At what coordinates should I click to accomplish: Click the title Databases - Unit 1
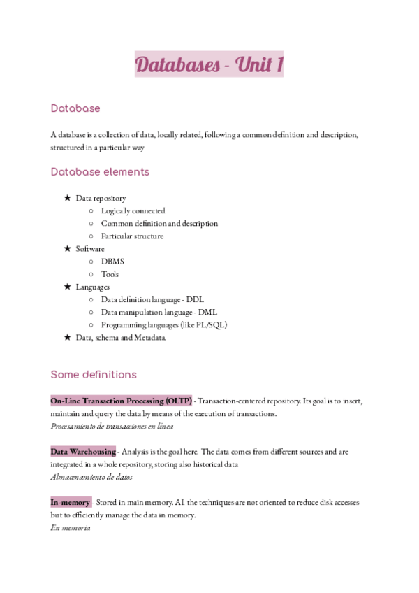coord(209,65)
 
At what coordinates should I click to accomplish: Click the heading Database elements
coord(100,172)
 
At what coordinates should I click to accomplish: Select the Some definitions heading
coord(94,374)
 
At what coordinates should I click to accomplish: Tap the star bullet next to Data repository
coord(67,199)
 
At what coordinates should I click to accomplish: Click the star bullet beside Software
coord(67,249)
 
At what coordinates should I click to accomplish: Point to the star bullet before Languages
coord(67,287)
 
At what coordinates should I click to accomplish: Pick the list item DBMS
coord(112,262)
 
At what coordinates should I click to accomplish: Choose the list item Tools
coord(110,274)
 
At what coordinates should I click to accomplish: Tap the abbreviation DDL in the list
coord(195,299)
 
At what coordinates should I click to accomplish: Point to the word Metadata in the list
coord(149,338)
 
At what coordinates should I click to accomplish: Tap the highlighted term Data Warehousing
coord(83,452)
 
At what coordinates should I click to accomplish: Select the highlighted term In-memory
coord(71,502)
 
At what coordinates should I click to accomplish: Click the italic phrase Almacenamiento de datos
coord(91,477)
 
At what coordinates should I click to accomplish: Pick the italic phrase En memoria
coord(70,528)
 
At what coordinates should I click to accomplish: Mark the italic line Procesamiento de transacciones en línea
coord(112,426)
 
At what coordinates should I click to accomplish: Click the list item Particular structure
coord(132,236)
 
